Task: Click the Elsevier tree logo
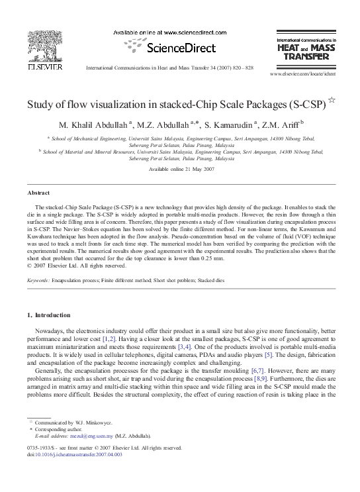(44, 46)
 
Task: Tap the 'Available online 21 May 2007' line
(180, 170)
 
